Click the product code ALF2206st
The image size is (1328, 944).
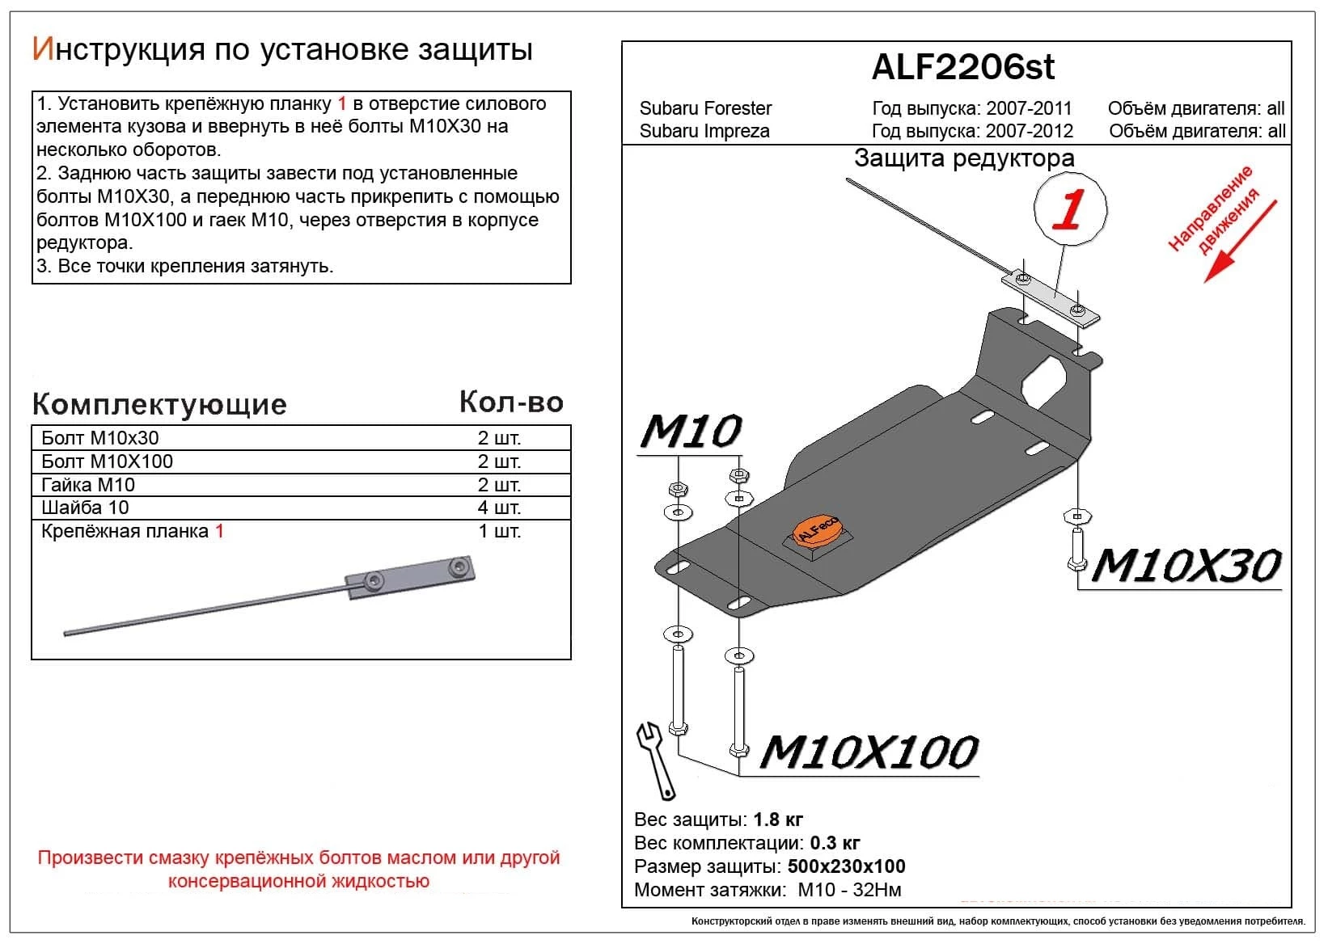962,67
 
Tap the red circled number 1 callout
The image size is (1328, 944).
1070,209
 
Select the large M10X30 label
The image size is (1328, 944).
1186,565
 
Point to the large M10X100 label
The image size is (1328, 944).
869,752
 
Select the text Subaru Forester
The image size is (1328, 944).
705,108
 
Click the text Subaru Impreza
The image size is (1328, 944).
704,131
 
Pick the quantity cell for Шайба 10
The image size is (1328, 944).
499,508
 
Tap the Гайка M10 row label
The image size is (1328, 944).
88,485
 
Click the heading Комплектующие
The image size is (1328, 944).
159,404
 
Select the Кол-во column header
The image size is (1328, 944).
511,402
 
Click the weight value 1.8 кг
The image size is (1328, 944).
778,820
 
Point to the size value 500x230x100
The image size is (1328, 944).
847,866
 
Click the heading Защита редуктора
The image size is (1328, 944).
964,158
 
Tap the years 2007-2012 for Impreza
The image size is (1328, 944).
1029,131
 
